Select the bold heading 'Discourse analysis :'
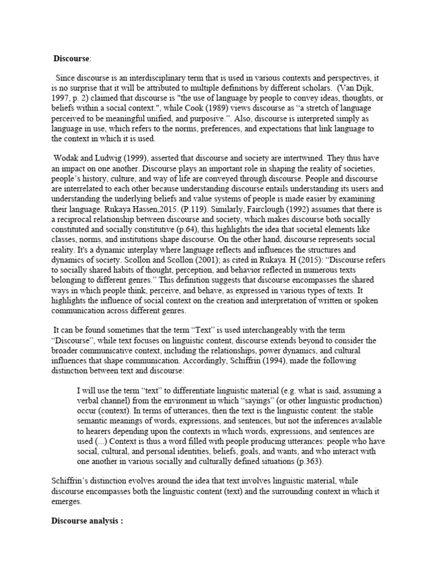[88, 520]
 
